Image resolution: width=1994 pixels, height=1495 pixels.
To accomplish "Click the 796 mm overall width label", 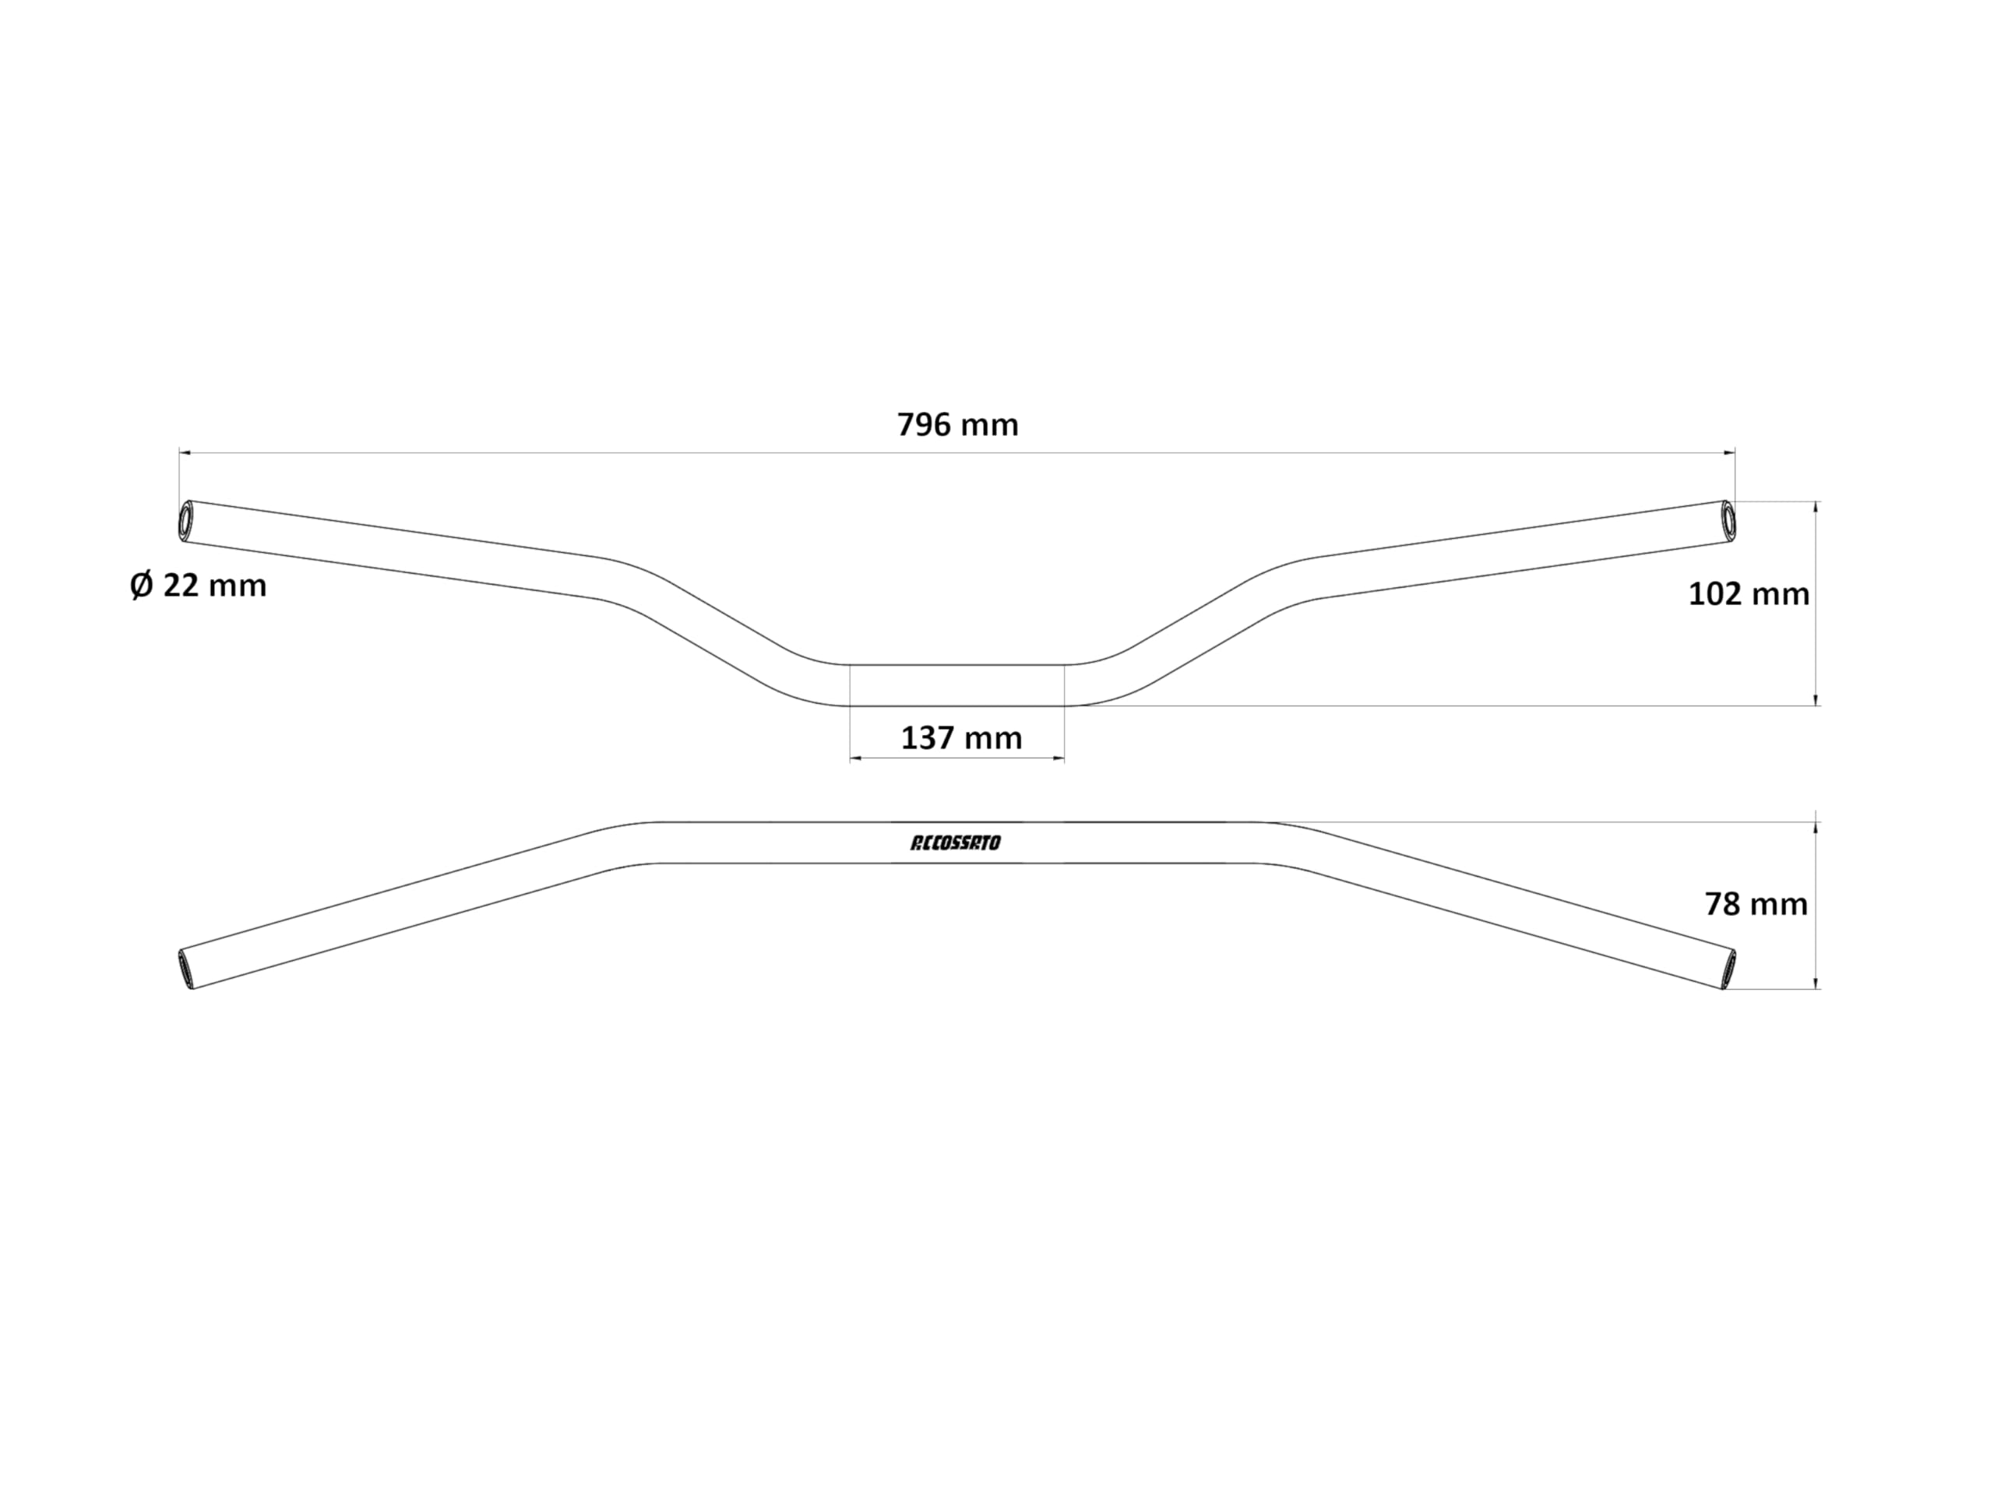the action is coord(957,424).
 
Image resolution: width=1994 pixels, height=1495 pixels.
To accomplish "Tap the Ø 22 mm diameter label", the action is coord(199,586).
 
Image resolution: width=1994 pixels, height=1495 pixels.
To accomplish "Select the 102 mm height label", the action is coord(1749,594).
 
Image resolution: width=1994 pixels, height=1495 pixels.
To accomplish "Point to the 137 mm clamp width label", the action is coord(962,738).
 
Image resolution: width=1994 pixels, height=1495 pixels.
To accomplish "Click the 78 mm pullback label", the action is coord(1756,904).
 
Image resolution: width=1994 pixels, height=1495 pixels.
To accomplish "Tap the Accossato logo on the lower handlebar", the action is coord(956,843).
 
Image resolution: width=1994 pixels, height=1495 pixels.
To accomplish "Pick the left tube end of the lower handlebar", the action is coord(185,969).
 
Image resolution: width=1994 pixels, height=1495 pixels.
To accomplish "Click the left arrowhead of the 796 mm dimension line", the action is coord(185,452).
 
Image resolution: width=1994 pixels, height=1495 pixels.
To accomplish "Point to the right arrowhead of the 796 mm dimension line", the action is coord(1729,452).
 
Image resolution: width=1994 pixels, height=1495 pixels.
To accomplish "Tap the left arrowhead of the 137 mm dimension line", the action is coord(856,758).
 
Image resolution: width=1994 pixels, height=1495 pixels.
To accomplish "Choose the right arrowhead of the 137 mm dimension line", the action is coord(1059,758).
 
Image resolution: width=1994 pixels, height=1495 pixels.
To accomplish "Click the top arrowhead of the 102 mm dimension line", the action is coord(1816,508).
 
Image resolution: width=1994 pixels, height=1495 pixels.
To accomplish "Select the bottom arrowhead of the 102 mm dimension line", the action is coord(1816,699).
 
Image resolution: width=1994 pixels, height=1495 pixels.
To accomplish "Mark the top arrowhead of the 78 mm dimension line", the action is coord(1816,829).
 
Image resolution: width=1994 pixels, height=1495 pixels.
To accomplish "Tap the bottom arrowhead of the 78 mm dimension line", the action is coord(1816,983).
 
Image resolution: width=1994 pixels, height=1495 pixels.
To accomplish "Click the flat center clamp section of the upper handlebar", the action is coord(957,685).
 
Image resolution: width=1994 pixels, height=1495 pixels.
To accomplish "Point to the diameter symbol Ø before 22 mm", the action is coord(142,586).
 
